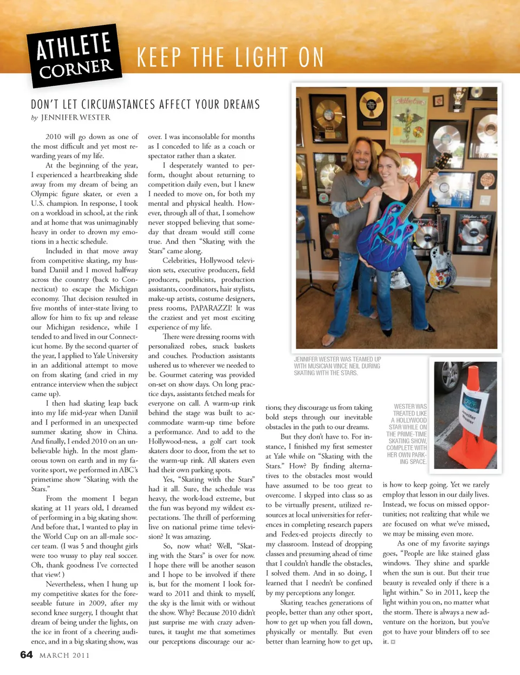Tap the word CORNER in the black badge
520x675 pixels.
(76, 69)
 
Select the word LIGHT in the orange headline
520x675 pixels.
(254, 57)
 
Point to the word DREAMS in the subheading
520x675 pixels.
(239, 105)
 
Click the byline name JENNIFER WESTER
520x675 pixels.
(75, 118)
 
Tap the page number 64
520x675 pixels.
(27, 655)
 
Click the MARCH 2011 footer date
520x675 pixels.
(64, 655)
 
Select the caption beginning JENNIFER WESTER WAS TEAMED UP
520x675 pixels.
(337, 366)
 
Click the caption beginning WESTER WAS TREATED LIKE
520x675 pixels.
(407, 434)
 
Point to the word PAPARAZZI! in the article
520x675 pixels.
(211, 308)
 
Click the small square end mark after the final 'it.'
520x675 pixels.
(393, 642)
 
